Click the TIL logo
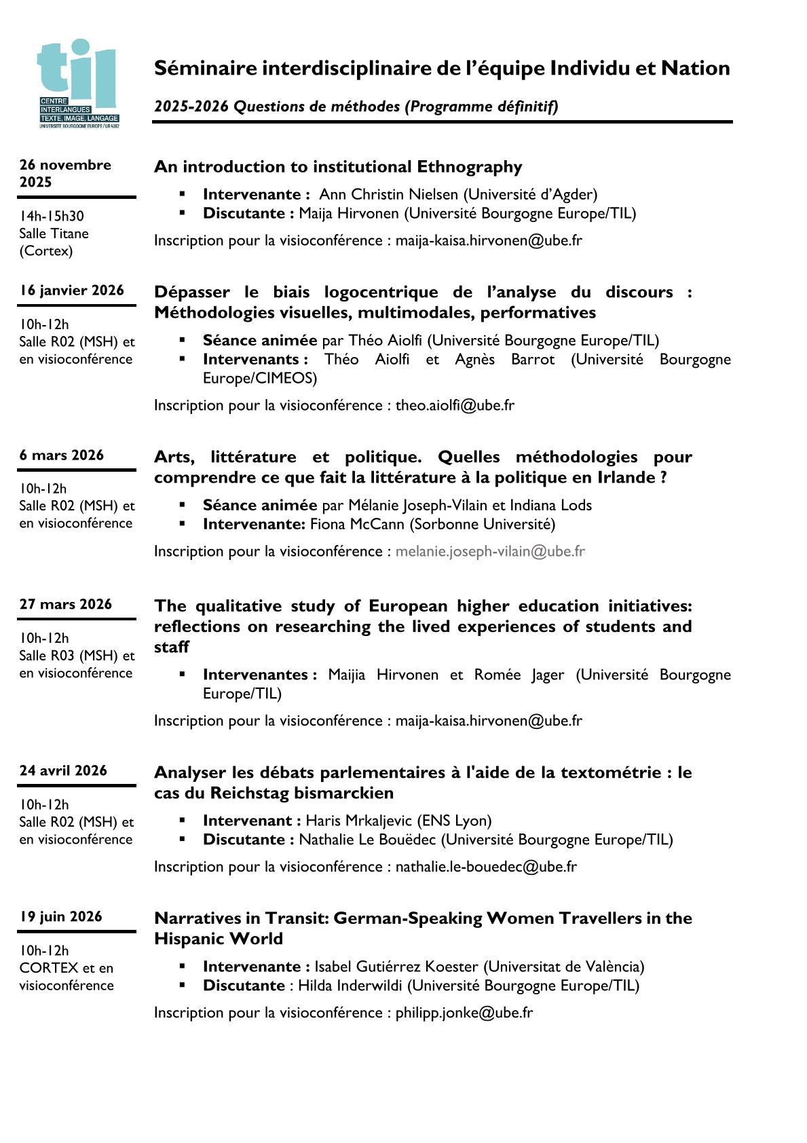click(x=79, y=83)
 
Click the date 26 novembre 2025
click(x=64, y=173)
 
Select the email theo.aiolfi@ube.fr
click(x=455, y=405)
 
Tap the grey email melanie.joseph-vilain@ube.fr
click(x=490, y=551)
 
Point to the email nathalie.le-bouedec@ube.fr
click(x=486, y=867)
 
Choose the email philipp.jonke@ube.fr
click(x=464, y=1013)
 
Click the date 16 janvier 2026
click(x=72, y=291)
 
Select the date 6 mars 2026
click(x=62, y=455)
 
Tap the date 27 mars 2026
click(x=66, y=604)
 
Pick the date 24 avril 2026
click(x=63, y=770)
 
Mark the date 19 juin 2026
click(x=60, y=916)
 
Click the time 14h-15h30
click(x=52, y=216)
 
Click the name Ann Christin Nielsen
click(x=388, y=194)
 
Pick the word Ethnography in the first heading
click(x=470, y=167)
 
